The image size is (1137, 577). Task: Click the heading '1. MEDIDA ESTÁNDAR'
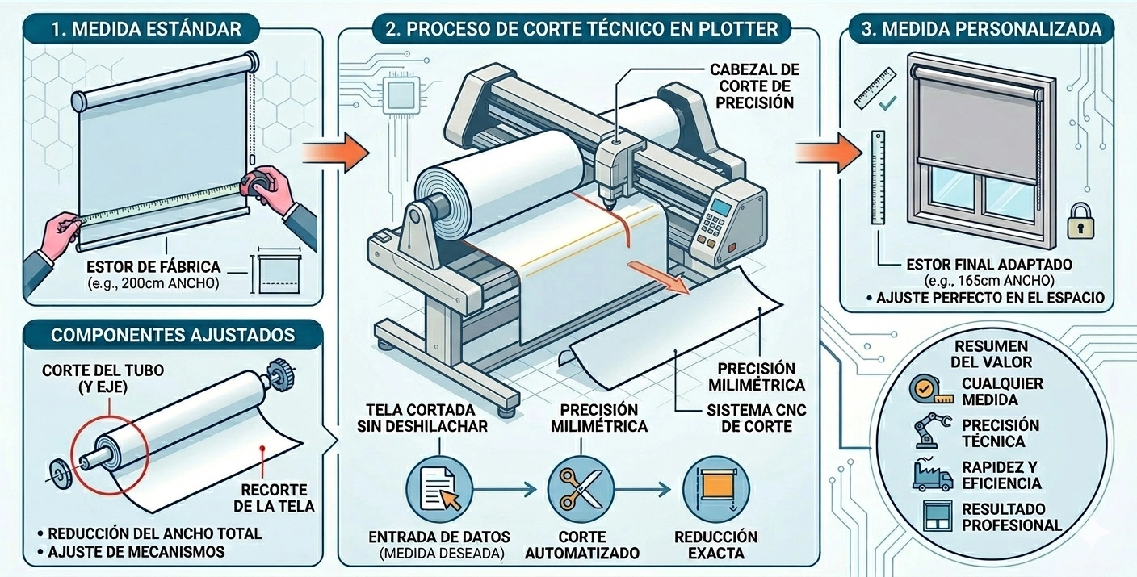point(145,30)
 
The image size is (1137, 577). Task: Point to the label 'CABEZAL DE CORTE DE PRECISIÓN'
point(754,86)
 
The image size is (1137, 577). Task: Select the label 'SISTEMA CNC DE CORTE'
point(756,418)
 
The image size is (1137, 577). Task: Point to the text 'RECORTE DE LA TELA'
point(273,498)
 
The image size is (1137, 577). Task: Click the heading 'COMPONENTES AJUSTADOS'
point(173,334)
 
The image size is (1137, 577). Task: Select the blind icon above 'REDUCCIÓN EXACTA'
point(715,489)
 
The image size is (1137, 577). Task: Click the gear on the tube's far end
point(279,372)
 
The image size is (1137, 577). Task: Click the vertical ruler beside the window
point(878,178)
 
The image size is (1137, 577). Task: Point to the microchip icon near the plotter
point(403,95)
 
